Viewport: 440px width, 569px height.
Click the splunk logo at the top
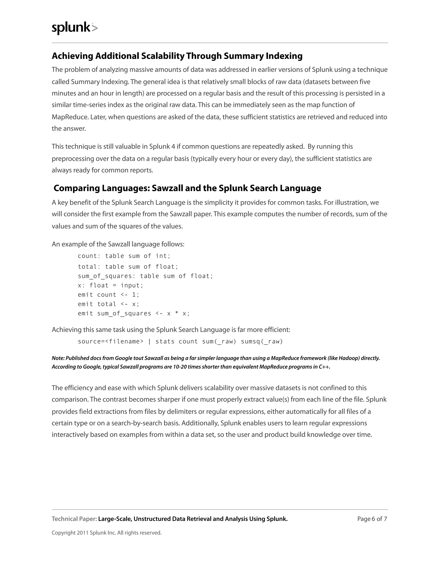point(75,28)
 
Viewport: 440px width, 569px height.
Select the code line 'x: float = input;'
point(110,286)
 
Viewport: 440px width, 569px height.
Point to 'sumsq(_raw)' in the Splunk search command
point(262,342)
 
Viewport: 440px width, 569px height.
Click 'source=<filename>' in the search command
point(110,342)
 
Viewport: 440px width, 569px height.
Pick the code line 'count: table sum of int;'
point(124,256)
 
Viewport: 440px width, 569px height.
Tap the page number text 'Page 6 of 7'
point(372,519)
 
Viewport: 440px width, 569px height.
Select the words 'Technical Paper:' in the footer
point(74,519)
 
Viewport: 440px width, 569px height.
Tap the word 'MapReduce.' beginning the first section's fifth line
point(70,117)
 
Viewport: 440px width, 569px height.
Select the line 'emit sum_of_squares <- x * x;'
point(134,314)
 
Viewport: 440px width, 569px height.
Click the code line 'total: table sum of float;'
point(128,267)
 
